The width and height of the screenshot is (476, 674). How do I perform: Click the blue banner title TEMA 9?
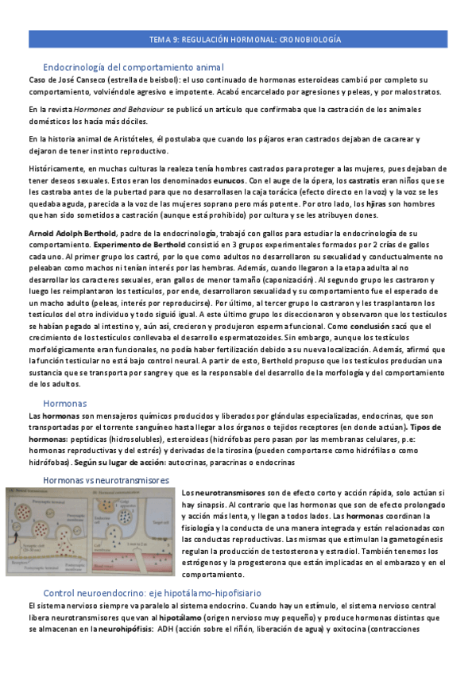[x=246, y=39]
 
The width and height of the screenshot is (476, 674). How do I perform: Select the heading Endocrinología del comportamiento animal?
[x=134, y=68]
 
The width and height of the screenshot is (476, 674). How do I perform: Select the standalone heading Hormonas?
[x=65, y=404]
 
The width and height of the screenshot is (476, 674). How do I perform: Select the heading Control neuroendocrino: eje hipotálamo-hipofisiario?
[x=152, y=594]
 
